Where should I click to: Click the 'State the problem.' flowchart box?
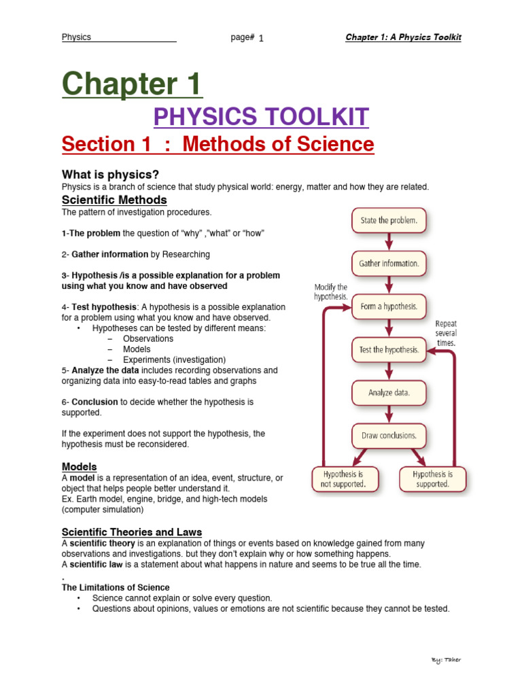point(389,220)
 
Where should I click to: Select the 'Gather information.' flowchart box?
point(389,263)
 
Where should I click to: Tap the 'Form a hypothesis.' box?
point(389,307)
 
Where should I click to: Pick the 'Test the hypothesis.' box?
point(389,349)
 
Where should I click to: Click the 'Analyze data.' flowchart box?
point(389,392)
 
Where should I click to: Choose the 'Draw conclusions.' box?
point(389,436)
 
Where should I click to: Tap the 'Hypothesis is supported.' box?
point(432,478)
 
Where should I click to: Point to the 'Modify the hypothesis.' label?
point(331,292)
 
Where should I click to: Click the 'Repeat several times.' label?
point(446,334)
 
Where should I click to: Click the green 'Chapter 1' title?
point(132,85)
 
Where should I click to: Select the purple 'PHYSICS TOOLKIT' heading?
point(262,117)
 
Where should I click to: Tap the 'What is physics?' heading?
point(110,175)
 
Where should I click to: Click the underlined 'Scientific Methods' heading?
point(114,200)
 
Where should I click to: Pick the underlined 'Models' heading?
point(80,467)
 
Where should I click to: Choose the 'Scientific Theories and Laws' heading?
point(132,532)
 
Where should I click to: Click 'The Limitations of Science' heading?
point(116,587)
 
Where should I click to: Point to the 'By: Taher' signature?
point(446,660)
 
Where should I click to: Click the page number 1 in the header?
point(261,38)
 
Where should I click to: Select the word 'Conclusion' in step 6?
point(94,402)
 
